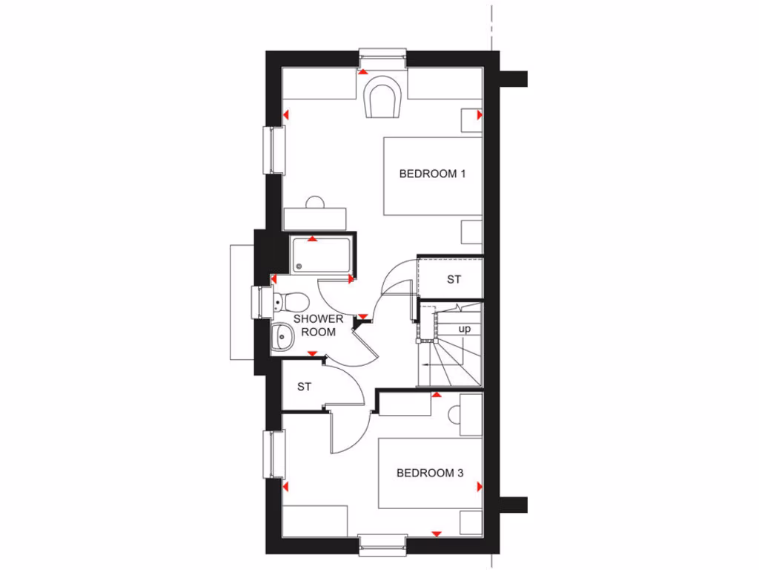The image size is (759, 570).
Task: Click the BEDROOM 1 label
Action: click(431, 174)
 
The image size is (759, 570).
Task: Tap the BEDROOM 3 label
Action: click(430, 473)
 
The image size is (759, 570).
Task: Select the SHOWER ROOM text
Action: click(319, 325)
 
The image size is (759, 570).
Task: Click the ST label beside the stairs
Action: click(454, 280)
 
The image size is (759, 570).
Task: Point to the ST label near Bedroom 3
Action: click(304, 387)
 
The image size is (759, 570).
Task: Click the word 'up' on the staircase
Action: click(465, 328)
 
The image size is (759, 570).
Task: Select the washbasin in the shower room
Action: click(282, 337)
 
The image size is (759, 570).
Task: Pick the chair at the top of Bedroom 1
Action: click(383, 96)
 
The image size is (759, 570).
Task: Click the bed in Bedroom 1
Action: click(432, 176)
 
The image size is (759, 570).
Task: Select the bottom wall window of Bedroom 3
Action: click(382, 545)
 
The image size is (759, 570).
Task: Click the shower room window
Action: click(262, 302)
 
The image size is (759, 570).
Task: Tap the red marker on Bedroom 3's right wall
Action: click(479, 486)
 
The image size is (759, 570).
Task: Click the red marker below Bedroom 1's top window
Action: click(362, 72)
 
